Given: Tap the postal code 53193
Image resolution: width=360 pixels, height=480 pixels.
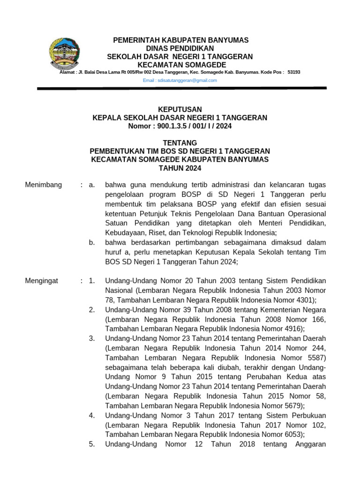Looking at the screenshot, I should pos(294,72).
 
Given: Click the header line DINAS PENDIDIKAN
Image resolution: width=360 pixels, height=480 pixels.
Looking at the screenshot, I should pos(180,48).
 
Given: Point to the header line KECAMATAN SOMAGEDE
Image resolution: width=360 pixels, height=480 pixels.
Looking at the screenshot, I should pos(180,65).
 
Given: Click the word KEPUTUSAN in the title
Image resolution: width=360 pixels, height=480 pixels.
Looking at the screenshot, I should pos(180,109).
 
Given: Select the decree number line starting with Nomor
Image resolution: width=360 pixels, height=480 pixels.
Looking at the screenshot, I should pos(180,126).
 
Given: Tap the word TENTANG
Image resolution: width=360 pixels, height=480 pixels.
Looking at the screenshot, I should pos(180,142).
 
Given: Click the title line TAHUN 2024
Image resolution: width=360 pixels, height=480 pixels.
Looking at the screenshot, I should pos(180,168).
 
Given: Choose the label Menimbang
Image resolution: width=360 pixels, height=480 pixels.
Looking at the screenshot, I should pos(43,185).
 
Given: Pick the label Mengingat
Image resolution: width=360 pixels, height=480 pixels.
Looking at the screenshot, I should pos(41,281).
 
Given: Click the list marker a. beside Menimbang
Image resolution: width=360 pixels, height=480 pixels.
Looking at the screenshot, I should pos(92,185).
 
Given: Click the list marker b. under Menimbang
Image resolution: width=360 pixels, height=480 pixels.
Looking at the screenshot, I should pos(92,242).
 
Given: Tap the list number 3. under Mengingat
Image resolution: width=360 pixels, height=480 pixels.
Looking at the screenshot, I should pos(92,338).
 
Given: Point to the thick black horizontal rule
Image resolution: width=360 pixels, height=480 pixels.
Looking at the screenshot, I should pos(182,88).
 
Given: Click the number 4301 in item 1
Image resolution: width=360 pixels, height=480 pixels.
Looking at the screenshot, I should pos(305,300).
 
